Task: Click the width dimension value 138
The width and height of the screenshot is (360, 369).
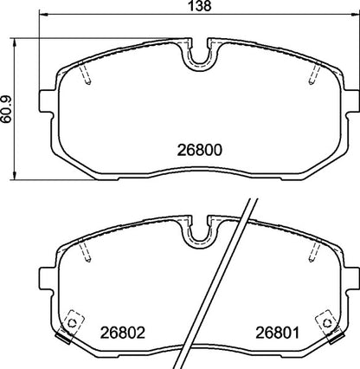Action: pos(200,8)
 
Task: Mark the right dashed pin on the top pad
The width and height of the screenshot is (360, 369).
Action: pos(312,77)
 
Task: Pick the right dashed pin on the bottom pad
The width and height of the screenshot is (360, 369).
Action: pos(312,252)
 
